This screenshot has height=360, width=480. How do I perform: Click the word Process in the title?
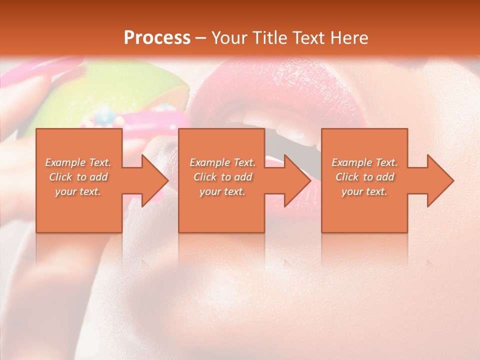(x=157, y=38)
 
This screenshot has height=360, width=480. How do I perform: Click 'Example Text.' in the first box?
(x=78, y=162)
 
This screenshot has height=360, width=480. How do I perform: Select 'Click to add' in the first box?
(x=78, y=177)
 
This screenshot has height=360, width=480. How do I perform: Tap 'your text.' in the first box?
(x=78, y=191)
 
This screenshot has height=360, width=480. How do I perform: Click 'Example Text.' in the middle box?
(x=222, y=162)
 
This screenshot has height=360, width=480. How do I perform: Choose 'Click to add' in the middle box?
(x=222, y=177)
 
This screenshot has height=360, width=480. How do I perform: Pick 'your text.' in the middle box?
(x=222, y=191)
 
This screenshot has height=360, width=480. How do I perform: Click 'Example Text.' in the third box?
(x=364, y=162)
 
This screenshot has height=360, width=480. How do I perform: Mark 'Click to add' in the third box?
(x=364, y=177)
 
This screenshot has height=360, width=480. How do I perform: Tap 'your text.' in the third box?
(x=364, y=191)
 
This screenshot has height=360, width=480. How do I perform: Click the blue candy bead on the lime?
(x=105, y=116)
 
